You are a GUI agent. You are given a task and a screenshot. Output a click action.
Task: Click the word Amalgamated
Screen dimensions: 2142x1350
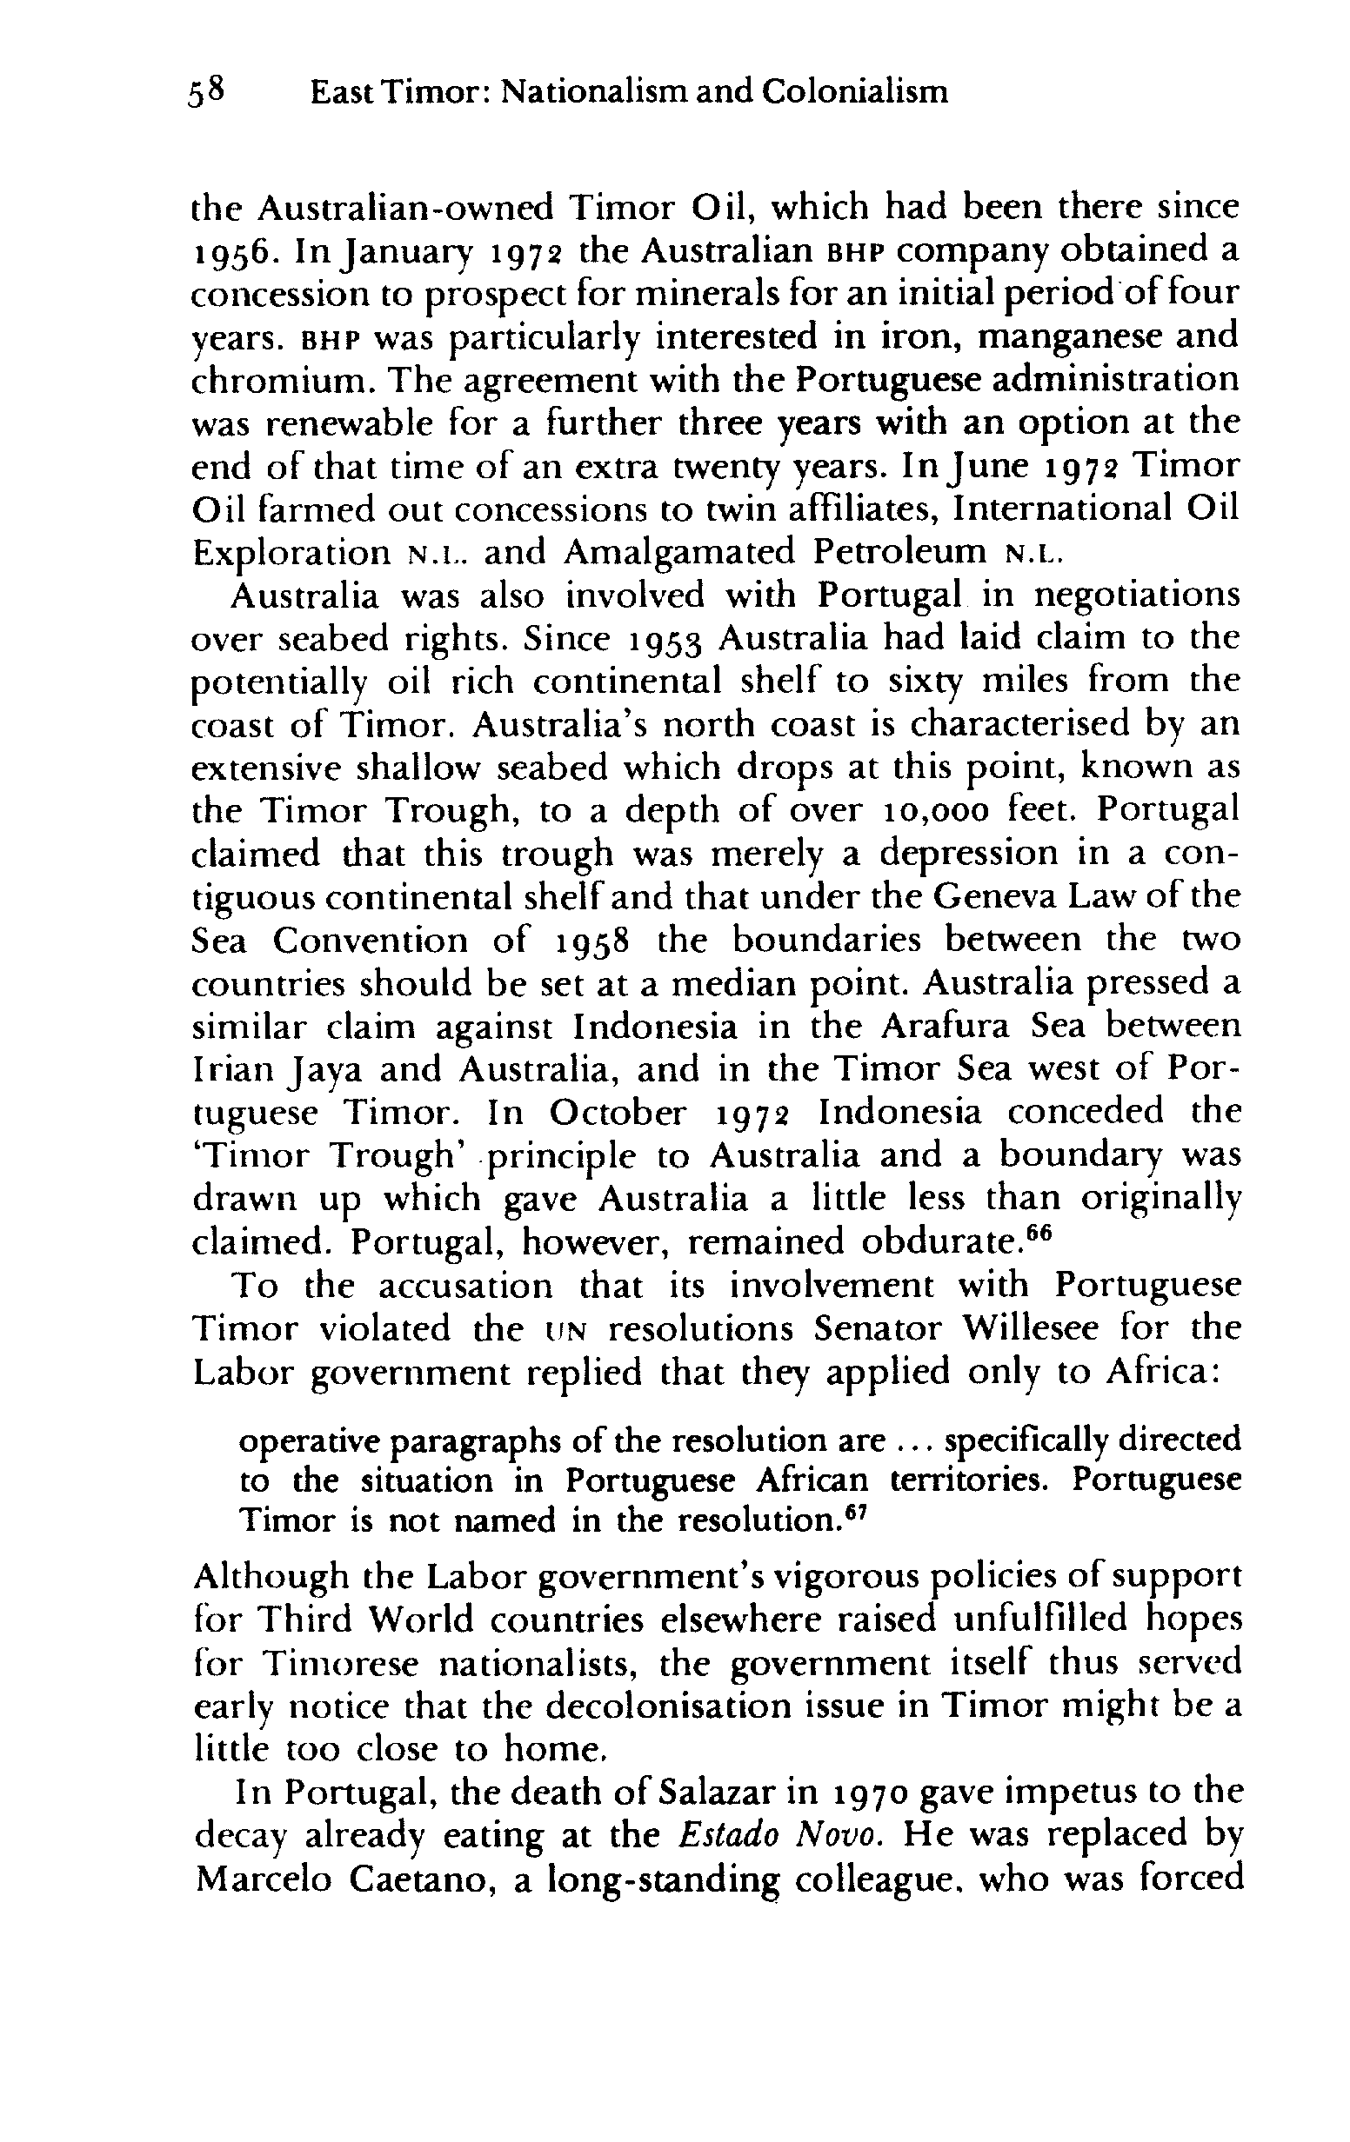[x=682, y=553]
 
